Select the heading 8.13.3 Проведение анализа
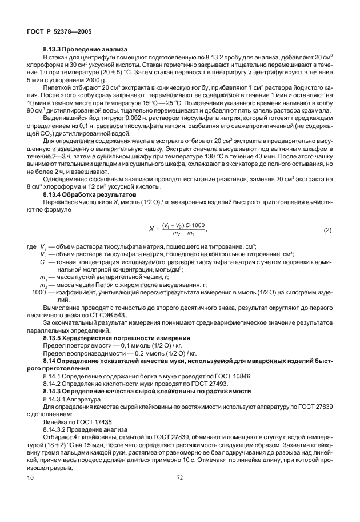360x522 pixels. tap(85, 50)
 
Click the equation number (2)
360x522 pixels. tap(327, 230)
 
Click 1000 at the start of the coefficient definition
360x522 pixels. tap(38, 292)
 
